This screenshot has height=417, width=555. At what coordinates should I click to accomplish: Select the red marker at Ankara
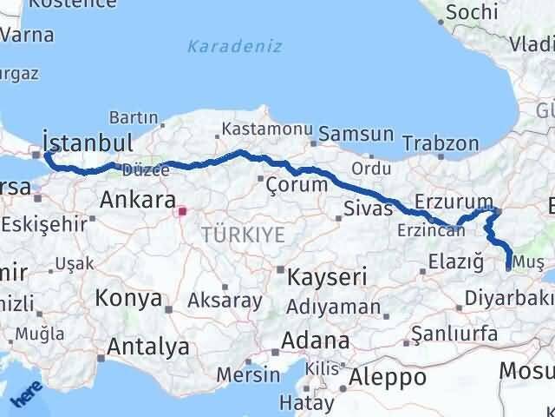click(181, 210)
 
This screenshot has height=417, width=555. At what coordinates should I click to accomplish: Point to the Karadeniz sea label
click(234, 45)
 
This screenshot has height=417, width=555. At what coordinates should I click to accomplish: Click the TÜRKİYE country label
click(231, 234)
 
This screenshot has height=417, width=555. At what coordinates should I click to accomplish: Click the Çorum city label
click(297, 184)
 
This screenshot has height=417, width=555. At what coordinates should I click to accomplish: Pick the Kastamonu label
click(266, 129)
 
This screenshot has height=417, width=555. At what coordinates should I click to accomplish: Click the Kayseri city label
click(327, 277)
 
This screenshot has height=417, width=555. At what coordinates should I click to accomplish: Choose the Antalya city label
click(148, 346)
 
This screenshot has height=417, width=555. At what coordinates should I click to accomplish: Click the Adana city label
click(321, 339)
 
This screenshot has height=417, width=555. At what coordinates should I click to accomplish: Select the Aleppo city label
click(388, 377)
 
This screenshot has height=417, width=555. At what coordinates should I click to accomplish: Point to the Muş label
click(529, 261)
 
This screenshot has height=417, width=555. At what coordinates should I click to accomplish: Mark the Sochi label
click(471, 12)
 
